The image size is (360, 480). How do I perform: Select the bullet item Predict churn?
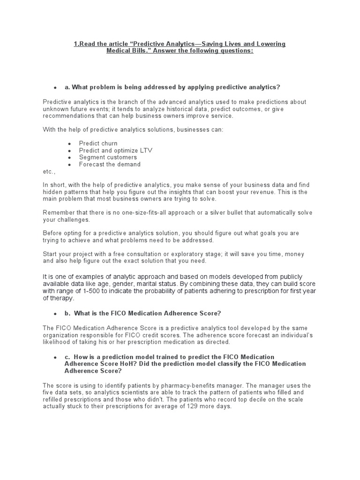tap(98, 143)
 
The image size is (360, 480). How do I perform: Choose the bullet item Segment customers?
tap(108, 157)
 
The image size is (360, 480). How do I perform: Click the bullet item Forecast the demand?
tap(109, 165)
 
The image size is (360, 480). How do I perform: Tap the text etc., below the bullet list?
tap(49, 172)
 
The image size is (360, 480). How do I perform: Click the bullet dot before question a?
tap(55, 88)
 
